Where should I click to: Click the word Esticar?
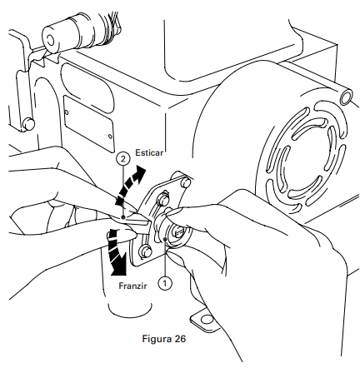point(149,152)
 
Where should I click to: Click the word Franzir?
point(132,286)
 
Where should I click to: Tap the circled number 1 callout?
point(165,283)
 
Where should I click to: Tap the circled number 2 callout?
point(123,159)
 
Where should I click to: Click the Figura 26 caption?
point(164,339)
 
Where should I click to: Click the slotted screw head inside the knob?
point(178,231)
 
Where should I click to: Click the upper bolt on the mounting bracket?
point(162,198)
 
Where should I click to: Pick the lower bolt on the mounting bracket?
point(146,251)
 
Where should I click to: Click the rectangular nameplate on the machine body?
point(88,123)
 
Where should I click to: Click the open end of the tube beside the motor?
point(347,97)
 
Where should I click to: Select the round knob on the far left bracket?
point(28,124)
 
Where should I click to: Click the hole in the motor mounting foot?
point(207,320)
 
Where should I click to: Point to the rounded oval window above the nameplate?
point(87,87)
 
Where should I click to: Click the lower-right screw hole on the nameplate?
point(110,136)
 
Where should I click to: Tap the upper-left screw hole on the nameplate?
point(67,112)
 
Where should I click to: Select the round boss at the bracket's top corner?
point(186,182)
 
